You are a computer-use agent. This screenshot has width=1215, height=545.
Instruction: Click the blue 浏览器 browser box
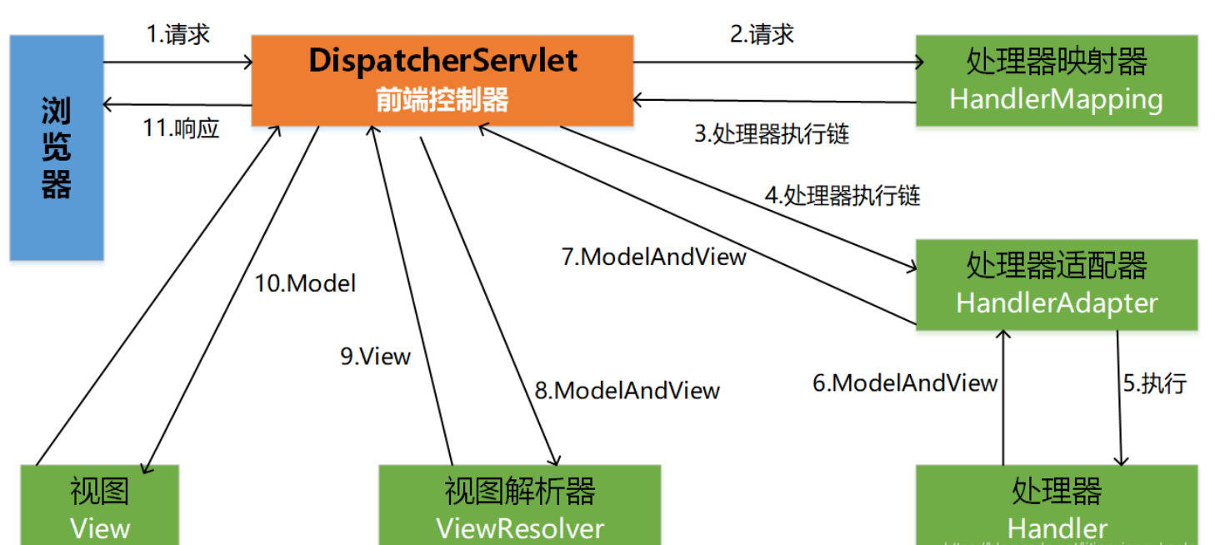pyautogui.click(x=57, y=147)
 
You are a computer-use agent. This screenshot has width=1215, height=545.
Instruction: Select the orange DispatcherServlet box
pyautogui.click(x=442, y=80)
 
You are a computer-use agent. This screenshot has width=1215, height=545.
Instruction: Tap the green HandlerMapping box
pyautogui.click(x=1056, y=80)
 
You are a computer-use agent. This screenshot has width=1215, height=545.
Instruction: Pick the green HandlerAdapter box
pyautogui.click(x=1056, y=284)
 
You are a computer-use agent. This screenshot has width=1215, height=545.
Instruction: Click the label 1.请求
pyautogui.click(x=177, y=34)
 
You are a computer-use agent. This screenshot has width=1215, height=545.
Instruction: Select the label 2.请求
pyautogui.click(x=762, y=34)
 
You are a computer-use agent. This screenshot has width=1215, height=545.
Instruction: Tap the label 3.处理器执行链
pyautogui.click(x=772, y=134)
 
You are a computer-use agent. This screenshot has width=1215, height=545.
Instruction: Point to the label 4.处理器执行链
pyautogui.click(x=842, y=196)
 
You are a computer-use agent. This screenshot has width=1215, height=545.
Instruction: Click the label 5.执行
pyautogui.click(x=1154, y=383)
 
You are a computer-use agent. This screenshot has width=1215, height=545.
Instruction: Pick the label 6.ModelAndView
pyautogui.click(x=905, y=383)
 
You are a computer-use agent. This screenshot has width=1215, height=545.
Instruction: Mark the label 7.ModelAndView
pyautogui.click(x=654, y=257)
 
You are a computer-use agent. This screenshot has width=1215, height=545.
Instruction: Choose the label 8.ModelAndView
pyautogui.click(x=627, y=390)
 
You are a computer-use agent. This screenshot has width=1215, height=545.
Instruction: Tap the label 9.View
pyautogui.click(x=375, y=357)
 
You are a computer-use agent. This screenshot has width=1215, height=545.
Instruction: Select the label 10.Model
pyautogui.click(x=305, y=283)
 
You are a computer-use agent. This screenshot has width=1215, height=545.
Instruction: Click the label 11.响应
pyautogui.click(x=181, y=129)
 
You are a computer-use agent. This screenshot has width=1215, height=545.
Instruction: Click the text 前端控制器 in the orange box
pyautogui.click(x=442, y=100)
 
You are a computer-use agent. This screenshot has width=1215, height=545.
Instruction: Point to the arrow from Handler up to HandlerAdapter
pyautogui.click(x=1003, y=397)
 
